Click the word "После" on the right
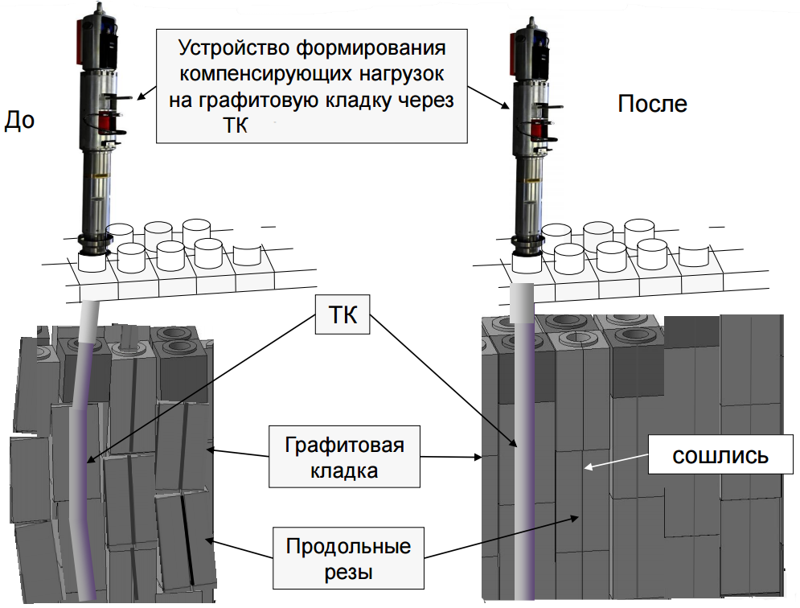652,103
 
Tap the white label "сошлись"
720,455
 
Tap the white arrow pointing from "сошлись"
615,461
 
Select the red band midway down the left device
106,121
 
